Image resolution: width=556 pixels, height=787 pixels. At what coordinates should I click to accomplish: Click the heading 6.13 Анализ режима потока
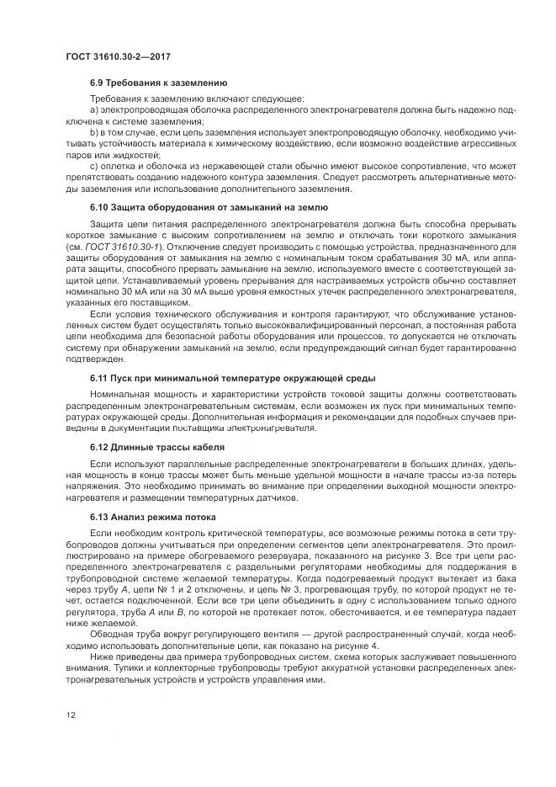coord(153,515)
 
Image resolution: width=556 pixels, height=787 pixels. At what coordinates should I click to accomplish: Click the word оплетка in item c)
coord(118,166)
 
